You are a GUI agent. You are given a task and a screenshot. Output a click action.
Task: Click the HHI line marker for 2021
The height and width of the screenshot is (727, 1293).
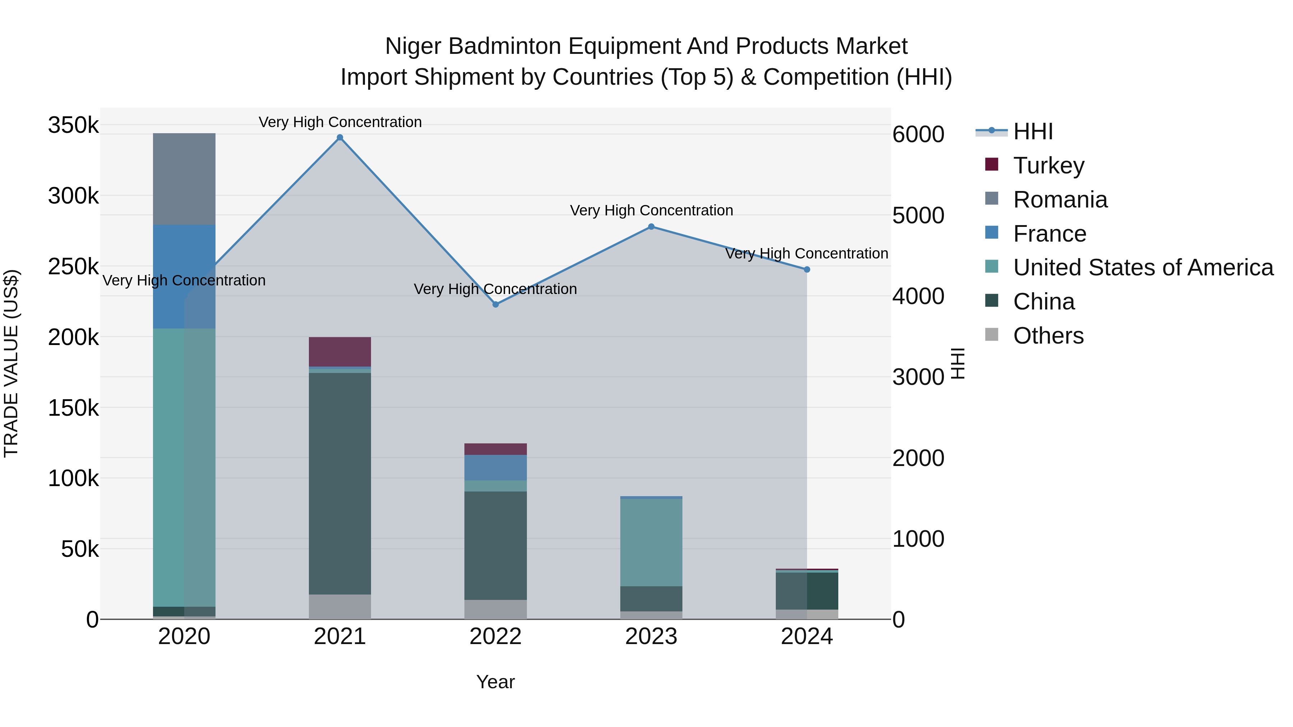[x=340, y=138]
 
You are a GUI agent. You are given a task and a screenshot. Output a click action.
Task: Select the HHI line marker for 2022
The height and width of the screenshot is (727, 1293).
[x=495, y=304]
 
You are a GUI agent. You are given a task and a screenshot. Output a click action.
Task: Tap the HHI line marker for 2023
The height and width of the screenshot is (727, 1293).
[x=651, y=227]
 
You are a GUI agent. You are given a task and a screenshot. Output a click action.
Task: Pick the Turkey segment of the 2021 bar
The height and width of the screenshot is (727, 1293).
[x=340, y=352]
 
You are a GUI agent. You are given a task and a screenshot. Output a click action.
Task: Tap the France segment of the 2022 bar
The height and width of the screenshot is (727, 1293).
[x=495, y=467]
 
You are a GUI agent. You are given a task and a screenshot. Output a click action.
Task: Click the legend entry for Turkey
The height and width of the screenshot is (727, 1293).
[x=1048, y=166]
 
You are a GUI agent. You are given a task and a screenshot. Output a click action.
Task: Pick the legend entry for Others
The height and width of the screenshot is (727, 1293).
[x=1048, y=336]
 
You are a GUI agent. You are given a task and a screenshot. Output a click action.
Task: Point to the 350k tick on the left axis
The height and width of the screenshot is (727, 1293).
[x=73, y=125]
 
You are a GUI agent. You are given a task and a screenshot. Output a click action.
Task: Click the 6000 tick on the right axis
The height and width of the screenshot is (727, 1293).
[x=918, y=135]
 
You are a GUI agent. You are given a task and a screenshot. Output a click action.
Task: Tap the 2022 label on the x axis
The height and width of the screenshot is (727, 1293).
[x=495, y=637]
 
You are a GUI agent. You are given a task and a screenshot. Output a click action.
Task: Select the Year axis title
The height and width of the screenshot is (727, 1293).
[x=495, y=682]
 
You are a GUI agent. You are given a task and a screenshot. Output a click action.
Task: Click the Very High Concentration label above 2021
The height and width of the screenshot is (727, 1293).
[x=340, y=122]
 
